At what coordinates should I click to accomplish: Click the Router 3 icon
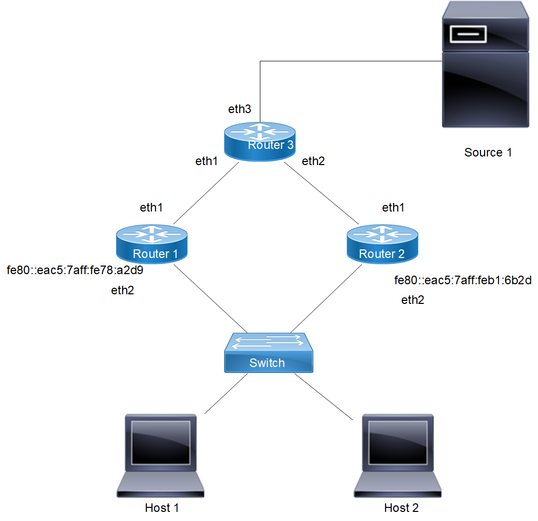(x=259, y=143)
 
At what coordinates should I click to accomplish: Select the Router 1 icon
(x=152, y=244)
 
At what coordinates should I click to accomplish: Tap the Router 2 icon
(x=382, y=244)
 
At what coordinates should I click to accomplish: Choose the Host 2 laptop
(x=398, y=455)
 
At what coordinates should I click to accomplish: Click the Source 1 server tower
(x=486, y=64)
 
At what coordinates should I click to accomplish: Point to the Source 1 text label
(x=488, y=152)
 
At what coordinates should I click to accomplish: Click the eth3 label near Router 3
(x=240, y=109)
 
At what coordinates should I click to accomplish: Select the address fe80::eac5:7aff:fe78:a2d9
(x=75, y=271)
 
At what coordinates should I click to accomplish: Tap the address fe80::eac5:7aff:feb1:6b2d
(x=463, y=281)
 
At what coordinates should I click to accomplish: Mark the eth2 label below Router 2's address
(x=413, y=300)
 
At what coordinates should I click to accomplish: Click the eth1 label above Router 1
(x=151, y=207)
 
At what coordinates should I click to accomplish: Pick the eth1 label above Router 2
(x=393, y=207)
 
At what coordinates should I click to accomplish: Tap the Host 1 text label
(x=162, y=507)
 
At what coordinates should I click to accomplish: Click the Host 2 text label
(x=401, y=507)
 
